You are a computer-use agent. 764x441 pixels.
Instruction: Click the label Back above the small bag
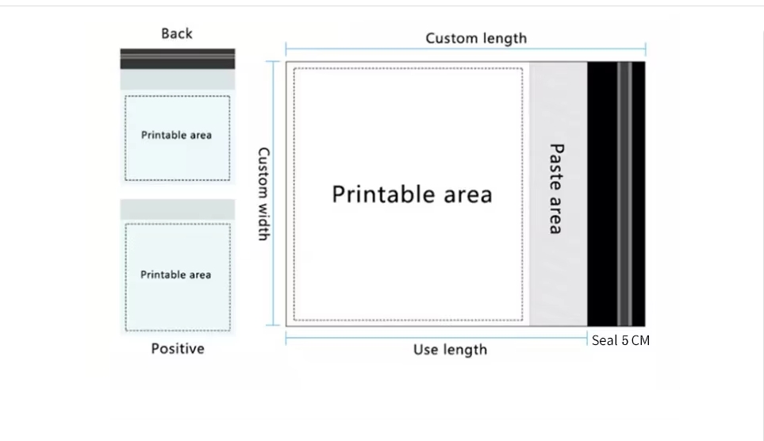tap(176, 33)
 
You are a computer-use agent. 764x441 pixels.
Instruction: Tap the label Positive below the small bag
tap(177, 349)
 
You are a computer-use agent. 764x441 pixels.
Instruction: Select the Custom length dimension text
tap(476, 38)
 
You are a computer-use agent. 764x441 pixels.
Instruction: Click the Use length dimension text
tap(450, 350)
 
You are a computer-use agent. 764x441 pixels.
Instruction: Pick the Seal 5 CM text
tap(620, 340)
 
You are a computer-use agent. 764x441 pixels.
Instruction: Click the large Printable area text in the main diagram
tap(412, 194)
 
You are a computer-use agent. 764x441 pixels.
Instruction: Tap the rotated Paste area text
tap(556, 189)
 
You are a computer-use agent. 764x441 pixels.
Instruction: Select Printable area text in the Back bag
tap(176, 135)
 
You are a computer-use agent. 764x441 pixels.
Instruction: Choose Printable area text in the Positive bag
tap(175, 274)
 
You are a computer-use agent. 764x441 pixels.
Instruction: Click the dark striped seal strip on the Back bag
tap(177, 59)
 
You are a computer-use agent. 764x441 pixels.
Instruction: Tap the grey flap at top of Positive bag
tap(177, 209)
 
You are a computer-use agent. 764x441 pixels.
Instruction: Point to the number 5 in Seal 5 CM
tap(625, 340)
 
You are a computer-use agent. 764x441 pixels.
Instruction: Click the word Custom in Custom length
tap(451, 38)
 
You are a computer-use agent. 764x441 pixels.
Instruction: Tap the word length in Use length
tap(464, 350)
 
